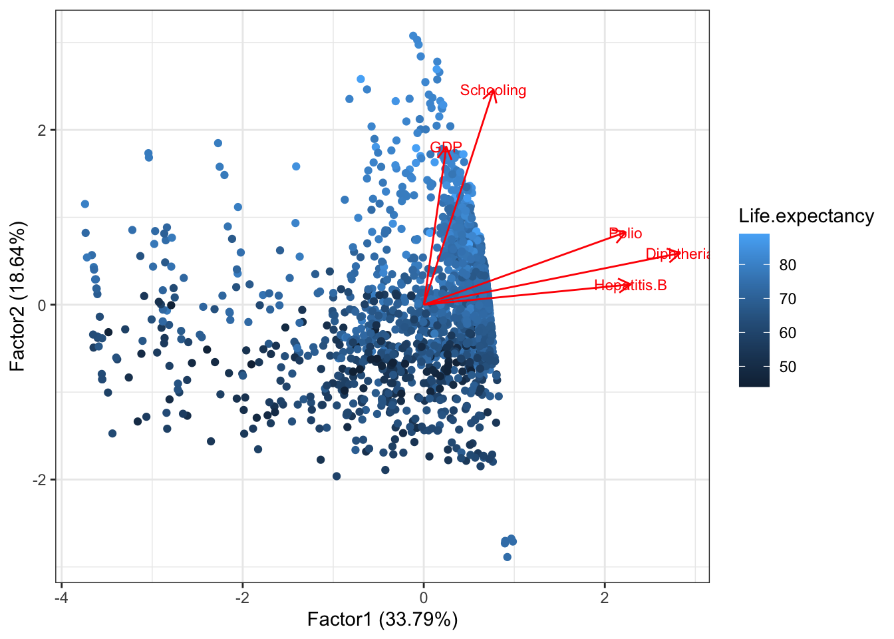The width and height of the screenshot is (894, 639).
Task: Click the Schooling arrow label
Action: coord(493,91)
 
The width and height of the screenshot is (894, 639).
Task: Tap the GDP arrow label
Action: coord(446,148)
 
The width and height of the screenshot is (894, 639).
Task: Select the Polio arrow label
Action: coord(626,234)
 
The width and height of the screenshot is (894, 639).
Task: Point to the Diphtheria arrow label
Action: coord(678,254)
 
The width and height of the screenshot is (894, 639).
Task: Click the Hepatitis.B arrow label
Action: coord(631,286)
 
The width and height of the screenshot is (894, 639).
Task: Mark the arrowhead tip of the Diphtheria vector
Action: coord(680,253)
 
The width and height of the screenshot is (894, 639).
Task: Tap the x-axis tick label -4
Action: coord(61,597)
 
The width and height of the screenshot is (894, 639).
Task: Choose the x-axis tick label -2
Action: coord(242,597)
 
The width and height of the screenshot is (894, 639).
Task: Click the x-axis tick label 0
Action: coord(424,597)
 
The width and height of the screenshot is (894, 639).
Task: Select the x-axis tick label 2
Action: coord(605,597)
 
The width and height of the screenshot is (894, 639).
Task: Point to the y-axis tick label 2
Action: coord(42,130)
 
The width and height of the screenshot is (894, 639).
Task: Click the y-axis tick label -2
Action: coord(39,480)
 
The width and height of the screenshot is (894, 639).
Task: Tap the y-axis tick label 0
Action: coord(42,305)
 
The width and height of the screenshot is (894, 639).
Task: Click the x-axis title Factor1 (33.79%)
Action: coord(382,620)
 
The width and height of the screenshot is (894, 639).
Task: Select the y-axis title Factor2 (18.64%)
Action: coord(18,296)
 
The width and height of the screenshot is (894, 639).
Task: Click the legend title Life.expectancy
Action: coord(806,216)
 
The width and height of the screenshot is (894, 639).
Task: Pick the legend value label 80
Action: coord(788,265)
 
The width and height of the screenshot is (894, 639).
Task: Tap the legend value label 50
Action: coord(788,367)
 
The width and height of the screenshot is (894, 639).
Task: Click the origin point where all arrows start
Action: coord(424,305)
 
